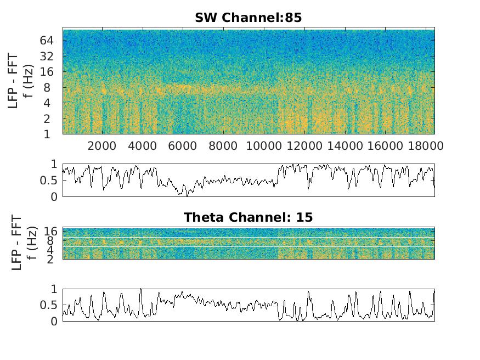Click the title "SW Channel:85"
[248, 18]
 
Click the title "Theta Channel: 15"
[248, 217]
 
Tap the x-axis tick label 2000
[102, 146]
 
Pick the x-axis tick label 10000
[261, 146]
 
